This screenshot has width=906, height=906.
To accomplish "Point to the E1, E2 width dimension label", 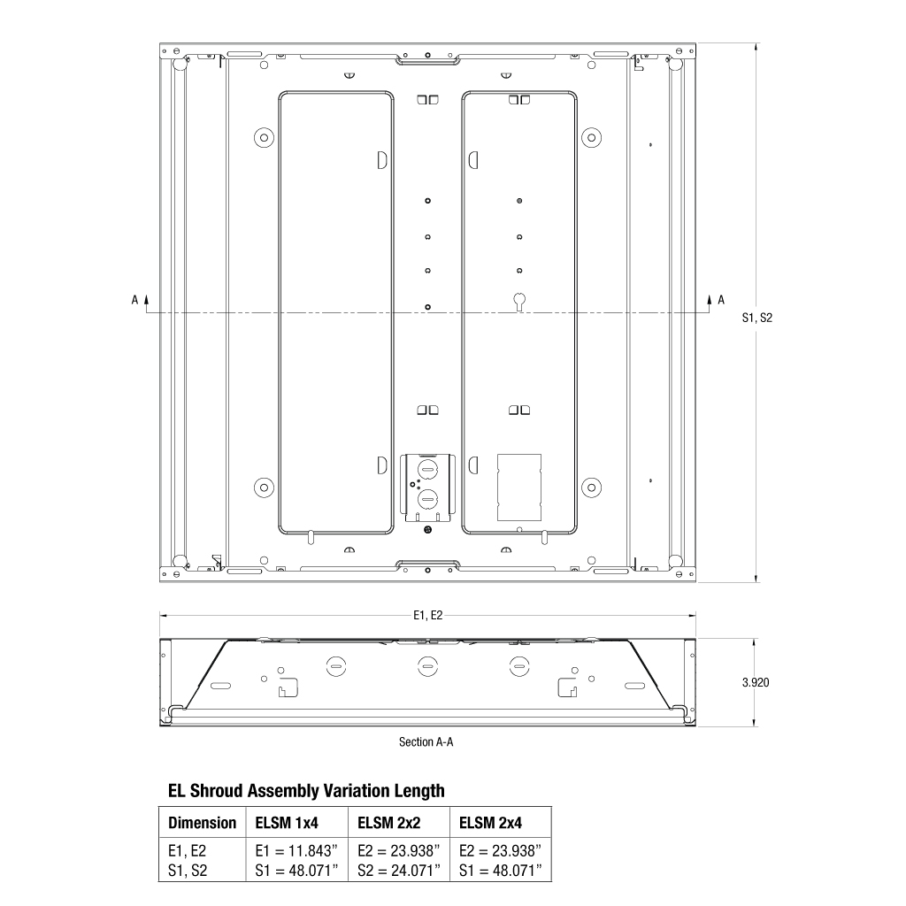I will pyautogui.click(x=427, y=616).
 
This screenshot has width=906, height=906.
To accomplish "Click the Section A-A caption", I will pyautogui.click(x=426, y=742).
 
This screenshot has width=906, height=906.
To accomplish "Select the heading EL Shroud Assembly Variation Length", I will pyautogui.click(x=306, y=790).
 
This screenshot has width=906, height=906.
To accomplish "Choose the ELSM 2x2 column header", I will pyautogui.click(x=388, y=823).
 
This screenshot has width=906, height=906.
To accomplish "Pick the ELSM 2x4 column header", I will pyautogui.click(x=490, y=823).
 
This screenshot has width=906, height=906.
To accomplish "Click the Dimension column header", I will pyautogui.click(x=203, y=823).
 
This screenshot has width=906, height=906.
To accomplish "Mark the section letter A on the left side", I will pyautogui.click(x=134, y=300).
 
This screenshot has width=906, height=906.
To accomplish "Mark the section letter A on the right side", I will pyautogui.click(x=721, y=300).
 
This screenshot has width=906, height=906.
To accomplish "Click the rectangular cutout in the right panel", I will pyautogui.click(x=519, y=487).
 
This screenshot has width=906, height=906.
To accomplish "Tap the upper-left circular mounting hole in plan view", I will pyautogui.click(x=262, y=137).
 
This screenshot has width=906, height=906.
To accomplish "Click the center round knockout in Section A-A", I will pyautogui.click(x=427, y=664).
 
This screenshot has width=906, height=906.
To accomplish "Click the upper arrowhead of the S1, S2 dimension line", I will pyautogui.click(x=756, y=46).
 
